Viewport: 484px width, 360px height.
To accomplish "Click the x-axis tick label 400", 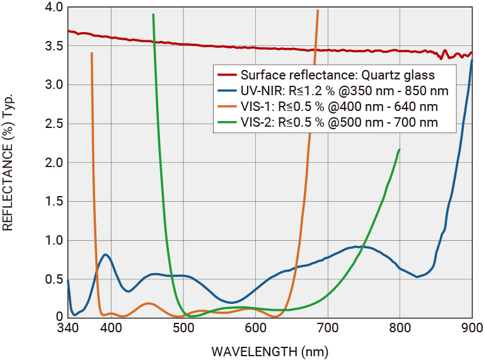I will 111,328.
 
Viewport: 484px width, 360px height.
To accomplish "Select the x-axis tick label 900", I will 471,328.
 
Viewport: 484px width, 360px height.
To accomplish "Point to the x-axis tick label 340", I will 67,328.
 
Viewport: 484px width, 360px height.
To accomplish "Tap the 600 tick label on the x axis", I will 255,328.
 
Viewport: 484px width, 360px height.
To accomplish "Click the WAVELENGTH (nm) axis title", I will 270,351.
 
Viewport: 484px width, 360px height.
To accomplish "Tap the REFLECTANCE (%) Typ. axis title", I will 8,163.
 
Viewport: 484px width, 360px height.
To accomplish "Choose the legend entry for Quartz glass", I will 337,75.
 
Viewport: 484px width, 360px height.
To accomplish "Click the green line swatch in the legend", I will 226,122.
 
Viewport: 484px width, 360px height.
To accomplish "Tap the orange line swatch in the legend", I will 226,107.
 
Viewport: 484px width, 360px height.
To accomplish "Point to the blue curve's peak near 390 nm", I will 106,255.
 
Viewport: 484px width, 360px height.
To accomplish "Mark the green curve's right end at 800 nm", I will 400,149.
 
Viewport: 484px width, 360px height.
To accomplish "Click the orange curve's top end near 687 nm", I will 318,11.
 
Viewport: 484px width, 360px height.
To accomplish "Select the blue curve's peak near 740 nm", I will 357,247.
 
